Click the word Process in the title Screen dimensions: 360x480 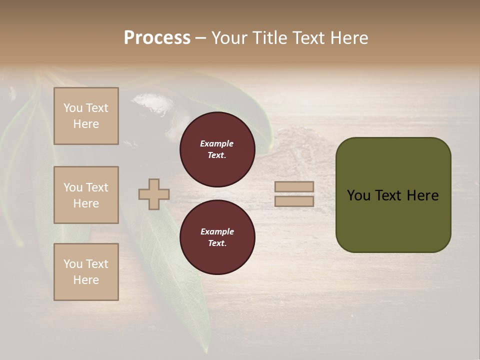pos(157,38)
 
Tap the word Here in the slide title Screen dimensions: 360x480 pos(347,38)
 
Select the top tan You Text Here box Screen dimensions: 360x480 pos(86,116)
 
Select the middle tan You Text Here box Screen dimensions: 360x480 pos(86,195)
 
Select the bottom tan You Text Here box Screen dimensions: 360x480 pos(86,272)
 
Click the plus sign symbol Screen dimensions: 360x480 pos(153,194)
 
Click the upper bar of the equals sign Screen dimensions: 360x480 pos(294,186)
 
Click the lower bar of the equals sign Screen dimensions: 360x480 pos(294,201)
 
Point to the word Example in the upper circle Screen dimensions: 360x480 pos(217,143)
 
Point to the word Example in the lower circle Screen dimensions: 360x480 pos(217,231)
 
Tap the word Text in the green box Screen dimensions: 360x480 pos(389,195)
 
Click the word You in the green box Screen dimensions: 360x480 pos(358,195)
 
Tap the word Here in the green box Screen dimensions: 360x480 pos(422,195)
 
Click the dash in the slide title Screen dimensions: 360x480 pos(200,38)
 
